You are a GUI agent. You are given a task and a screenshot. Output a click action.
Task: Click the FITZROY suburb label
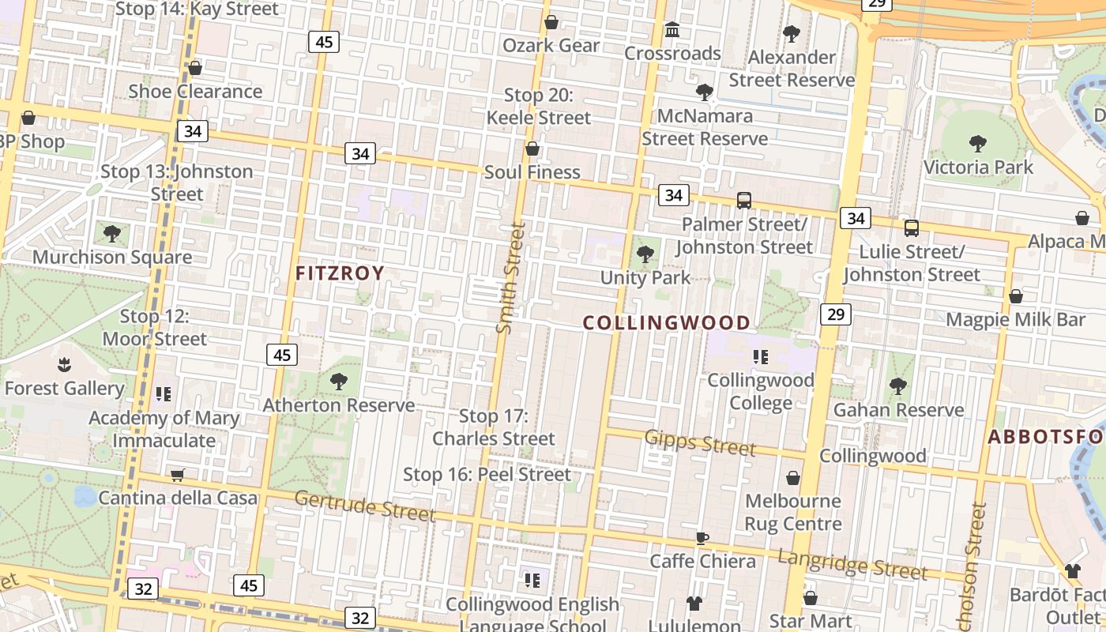(340, 273)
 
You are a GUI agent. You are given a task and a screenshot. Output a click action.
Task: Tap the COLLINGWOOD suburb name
(667, 322)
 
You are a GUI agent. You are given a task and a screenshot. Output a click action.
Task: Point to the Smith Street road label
(511, 277)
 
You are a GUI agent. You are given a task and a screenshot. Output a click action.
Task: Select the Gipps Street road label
(700, 442)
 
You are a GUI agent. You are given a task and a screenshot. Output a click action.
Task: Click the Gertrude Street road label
(365, 506)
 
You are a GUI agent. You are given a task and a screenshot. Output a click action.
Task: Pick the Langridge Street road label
(852, 563)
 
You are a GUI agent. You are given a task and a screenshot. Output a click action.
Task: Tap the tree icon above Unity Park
(645, 254)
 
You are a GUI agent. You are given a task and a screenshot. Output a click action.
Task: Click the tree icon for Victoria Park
(978, 144)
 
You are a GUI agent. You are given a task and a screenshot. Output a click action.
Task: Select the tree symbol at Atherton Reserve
(339, 382)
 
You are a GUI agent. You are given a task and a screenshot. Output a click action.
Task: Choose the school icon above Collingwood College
(761, 357)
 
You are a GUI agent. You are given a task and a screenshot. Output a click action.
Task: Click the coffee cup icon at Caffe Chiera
(702, 539)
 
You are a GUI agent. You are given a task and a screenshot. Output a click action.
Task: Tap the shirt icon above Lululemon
(694, 604)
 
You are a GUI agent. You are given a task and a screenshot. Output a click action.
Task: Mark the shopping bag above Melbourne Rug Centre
(793, 479)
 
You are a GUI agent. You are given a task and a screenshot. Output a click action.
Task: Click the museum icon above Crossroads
(672, 30)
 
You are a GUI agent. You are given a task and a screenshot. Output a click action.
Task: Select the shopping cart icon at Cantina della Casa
(178, 475)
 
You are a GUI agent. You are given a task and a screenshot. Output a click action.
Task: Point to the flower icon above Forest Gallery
(64, 365)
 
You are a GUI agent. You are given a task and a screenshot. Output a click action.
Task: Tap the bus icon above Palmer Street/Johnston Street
(744, 201)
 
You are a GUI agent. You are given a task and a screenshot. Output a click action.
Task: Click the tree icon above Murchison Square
(112, 234)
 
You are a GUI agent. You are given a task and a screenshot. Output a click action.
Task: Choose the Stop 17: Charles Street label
(494, 427)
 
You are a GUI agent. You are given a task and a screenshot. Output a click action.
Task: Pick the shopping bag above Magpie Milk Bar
(1016, 297)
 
